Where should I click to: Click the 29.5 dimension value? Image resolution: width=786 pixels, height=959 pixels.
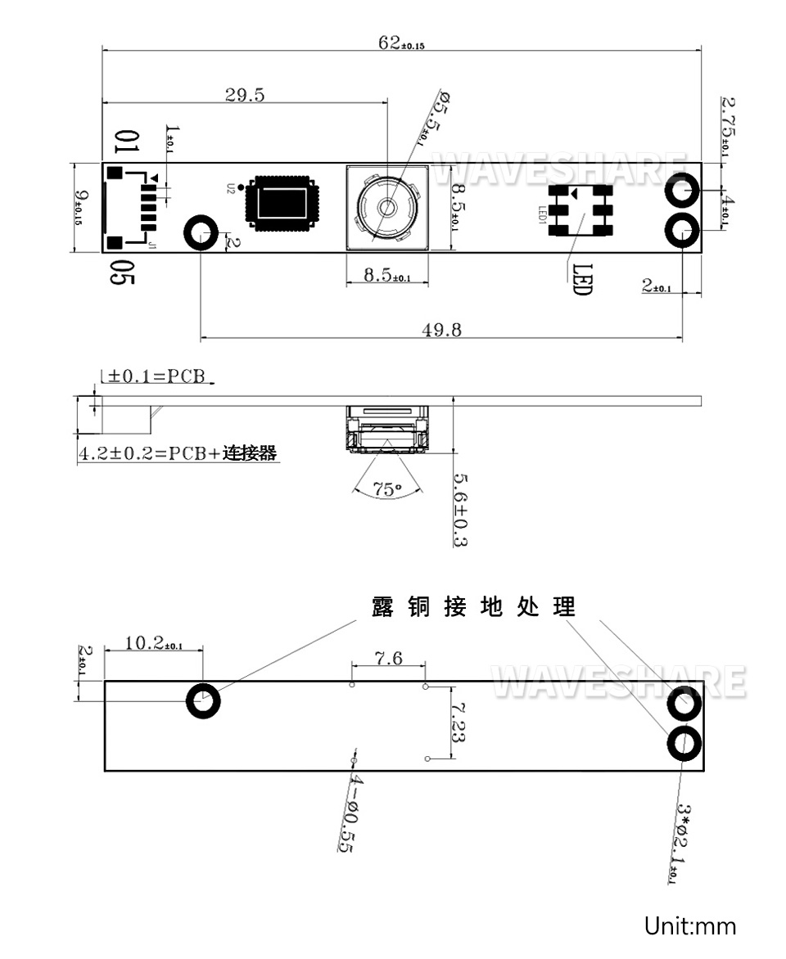[245, 95]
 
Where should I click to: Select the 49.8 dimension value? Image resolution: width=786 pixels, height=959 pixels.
[441, 330]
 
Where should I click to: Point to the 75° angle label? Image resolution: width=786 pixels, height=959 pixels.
[387, 489]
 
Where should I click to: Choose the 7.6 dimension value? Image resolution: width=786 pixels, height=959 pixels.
[388, 658]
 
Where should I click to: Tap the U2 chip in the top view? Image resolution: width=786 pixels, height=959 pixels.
[282, 200]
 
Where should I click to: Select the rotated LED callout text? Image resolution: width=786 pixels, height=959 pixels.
[580, 278]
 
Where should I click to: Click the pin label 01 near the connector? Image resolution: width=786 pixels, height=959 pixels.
[127, 142]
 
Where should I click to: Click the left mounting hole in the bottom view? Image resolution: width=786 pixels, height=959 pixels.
[203, 701]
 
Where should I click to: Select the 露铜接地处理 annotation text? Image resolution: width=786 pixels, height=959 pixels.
[473, 606]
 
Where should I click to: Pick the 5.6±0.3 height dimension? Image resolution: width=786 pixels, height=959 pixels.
[460, 510]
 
